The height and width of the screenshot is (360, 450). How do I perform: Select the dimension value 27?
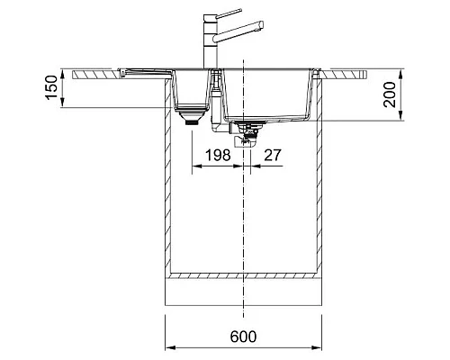tap(271, 155)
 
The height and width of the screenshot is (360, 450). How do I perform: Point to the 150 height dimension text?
tap(52, 89)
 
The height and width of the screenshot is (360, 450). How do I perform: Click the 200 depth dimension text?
tap(390, 93)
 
